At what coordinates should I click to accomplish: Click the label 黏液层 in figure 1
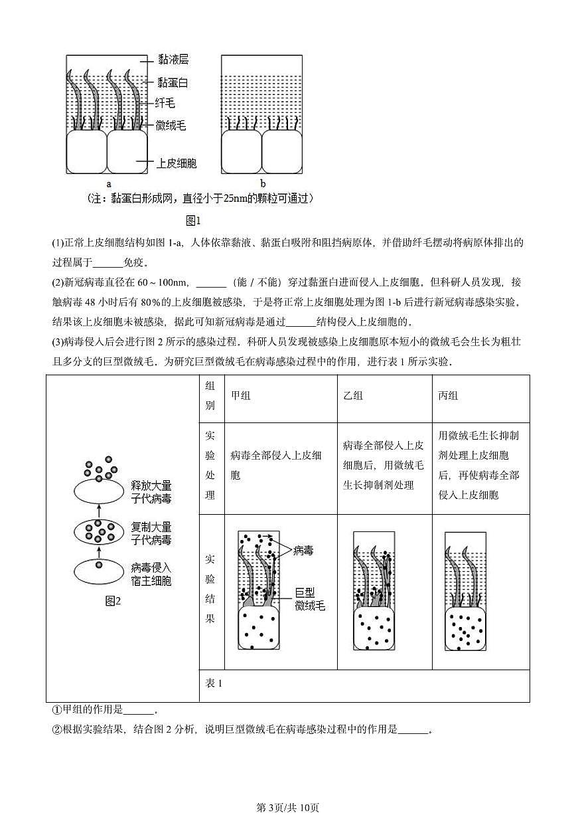pyautogui.click(x=173, y=60)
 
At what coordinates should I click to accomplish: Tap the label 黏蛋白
pyautogui.click(x=173, y=82)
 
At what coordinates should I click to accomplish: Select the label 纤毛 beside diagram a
pyautogui.click(x=165, y=103)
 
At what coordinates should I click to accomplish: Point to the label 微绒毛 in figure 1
pyautogui.click(x=171, y=124)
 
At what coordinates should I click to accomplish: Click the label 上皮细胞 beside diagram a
pyautogui.click(x=176, y=163)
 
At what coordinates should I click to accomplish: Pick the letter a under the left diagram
pyautogui.click(x=108, y=183)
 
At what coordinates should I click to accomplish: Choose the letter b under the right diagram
pyautogui.click(x=263, y=183)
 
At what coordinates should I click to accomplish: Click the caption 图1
pyautogui.click(x=193, y=220)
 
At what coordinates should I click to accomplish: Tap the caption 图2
pyautogui.click(x=113, y=601)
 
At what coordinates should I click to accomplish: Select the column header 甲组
pyautogui.click(x=241, y=395)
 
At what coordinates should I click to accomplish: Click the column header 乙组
pyautogui.click(x=353, y=395)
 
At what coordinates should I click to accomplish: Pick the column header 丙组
pyautogui.click(x=448, y=395)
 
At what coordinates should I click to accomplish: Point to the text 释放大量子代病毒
pyautogui.click(x=151, y=492)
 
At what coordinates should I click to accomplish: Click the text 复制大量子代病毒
pyautogui.click(x=151, y=533)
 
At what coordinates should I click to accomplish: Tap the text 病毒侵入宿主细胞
pyautogui.click(x=151, y=575)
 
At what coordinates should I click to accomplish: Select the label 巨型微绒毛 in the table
pyautogui.click(x=310, y=598)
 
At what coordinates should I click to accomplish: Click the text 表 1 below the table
pyautogui.click(x=214, y=684)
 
